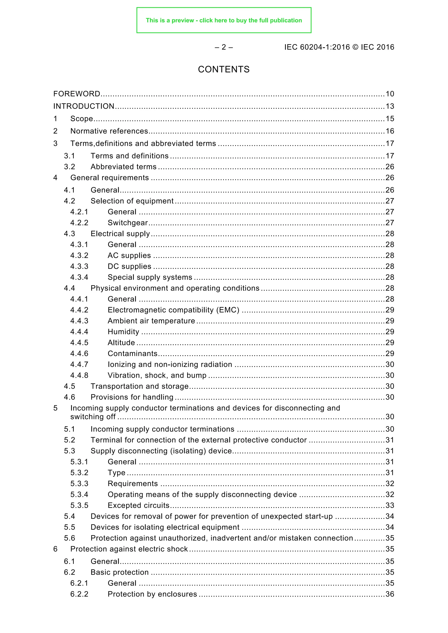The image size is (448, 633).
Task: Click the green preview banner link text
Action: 224,20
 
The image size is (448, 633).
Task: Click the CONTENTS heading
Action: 224,70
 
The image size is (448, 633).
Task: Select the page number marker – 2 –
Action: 224,47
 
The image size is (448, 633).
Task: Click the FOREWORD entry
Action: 77,94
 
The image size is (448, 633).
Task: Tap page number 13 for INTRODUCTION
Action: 390,106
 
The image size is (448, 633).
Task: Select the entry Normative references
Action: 109,131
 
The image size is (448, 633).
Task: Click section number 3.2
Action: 70,167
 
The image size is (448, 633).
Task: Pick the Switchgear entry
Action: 128,223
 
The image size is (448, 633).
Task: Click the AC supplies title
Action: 129,256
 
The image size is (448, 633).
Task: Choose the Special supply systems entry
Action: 150,277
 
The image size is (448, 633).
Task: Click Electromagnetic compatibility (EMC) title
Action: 173,310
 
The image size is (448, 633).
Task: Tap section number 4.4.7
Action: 79,364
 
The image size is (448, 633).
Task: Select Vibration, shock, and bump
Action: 157,376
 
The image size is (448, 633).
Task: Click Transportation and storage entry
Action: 140,386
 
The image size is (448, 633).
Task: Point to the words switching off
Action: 93,417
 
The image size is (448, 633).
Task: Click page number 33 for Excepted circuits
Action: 390,505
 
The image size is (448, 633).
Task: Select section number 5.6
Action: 70,538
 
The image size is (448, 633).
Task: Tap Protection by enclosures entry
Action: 152,594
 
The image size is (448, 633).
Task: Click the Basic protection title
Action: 119,572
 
